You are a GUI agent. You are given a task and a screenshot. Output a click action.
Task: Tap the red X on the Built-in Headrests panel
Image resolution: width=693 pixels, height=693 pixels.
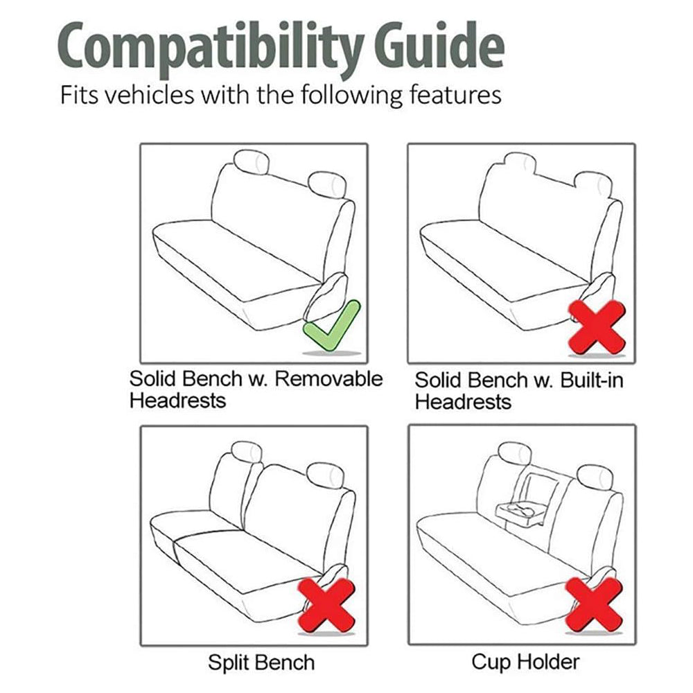597,327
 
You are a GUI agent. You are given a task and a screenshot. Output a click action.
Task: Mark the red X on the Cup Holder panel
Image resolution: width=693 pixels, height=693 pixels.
595,604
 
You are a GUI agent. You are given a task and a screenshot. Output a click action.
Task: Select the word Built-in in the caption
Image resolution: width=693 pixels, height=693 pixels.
592,380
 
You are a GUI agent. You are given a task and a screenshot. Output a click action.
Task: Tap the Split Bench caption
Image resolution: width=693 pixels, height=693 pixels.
261,663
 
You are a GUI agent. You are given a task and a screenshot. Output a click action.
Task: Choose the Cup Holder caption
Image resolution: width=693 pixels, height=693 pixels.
525,662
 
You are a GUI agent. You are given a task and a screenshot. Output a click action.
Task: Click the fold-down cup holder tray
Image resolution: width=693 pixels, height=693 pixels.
520,513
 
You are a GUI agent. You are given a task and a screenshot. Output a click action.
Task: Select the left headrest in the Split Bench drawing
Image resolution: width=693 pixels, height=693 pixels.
246,453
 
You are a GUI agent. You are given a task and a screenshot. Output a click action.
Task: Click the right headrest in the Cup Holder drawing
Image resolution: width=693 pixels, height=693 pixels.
595,477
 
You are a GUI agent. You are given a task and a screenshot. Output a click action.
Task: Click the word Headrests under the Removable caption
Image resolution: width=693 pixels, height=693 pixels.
177,401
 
